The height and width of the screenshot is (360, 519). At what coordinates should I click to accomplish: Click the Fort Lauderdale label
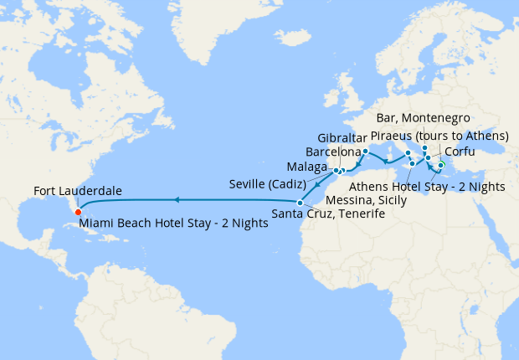tap(77, 192)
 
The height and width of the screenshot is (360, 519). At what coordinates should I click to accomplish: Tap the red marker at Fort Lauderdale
tap(78, 211)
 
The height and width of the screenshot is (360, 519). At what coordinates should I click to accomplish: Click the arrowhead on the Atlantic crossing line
tap(177, 200)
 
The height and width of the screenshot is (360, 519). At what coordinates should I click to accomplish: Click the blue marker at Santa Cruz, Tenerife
tap(300, 203)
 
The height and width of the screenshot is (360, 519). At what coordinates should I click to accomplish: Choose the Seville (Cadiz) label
tap(271, 183)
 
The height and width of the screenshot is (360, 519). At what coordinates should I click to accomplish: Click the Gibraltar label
tap(343, 137)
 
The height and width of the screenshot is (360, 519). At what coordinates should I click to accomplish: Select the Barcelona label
tap(334, 152)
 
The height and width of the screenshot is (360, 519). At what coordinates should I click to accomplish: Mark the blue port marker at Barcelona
tap(365, 152)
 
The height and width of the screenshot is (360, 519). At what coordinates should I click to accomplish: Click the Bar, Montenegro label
tap(423, 118)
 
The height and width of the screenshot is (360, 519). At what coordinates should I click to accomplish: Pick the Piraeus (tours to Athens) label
tap(439, 136)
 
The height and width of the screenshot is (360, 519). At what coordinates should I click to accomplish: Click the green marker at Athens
tap(441, 165)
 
